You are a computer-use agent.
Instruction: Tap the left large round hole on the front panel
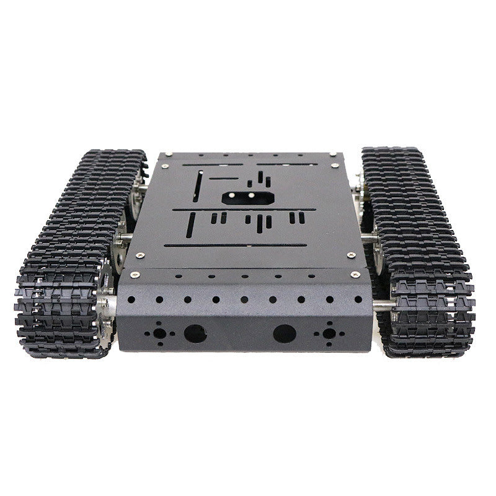195,334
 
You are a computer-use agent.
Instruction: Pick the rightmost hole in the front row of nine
358,299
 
